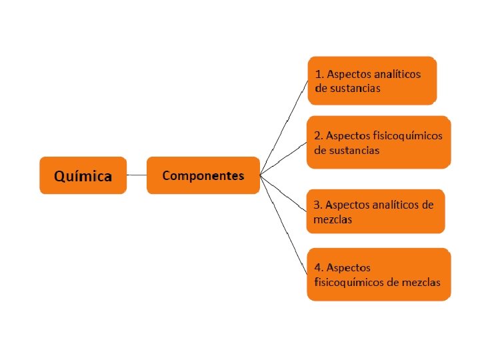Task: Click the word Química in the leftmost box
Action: click(x=83, y=177)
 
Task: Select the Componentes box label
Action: click(x=203, y=176)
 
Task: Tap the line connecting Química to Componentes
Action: click(x=136, y=175)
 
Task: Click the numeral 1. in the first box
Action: click(x=319, y=74)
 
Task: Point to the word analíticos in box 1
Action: click(x=397, y=74)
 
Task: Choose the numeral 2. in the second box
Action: click(x=319, y=135)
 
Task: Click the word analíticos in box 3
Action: click(x=397, y=205)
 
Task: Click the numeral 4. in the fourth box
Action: click(x=319, y=267)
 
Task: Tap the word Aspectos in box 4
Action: click(x=349, y=267)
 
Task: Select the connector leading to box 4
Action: click(x=285, y=227)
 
